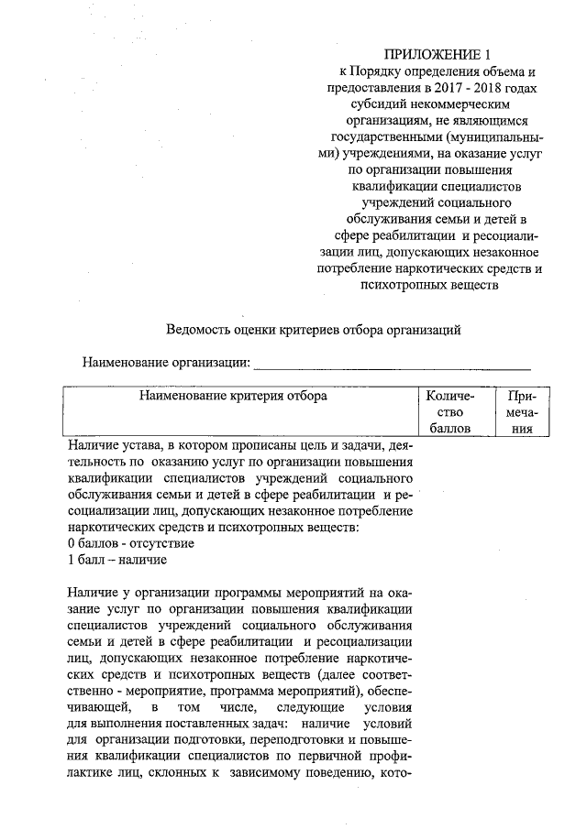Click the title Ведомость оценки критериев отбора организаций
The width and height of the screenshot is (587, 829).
(x=313, y=329)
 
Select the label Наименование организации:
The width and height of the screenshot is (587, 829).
(x=166, y=362)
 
